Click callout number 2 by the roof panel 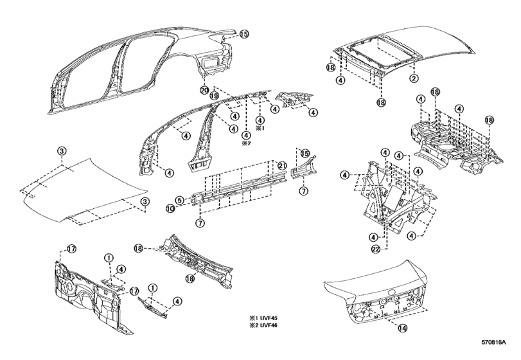[x=414, y=78]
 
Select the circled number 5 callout [x=179, y=200]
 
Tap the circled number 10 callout [x=170, y=208]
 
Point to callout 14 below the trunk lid [x=403, y=328]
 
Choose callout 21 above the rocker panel [x=282, y=166]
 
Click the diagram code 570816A [x=494, y=342]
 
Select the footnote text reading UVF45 [x=269, y=318]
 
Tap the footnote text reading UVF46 [x=269, y=325]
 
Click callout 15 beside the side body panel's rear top [x=244, y=34]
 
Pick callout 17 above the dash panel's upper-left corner [x=72, y=248]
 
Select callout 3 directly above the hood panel [x=62, y=151]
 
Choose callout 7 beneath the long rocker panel [x=200, y=223]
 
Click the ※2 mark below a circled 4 [x=246, y=143]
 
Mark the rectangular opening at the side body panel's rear [x=210, y=63]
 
